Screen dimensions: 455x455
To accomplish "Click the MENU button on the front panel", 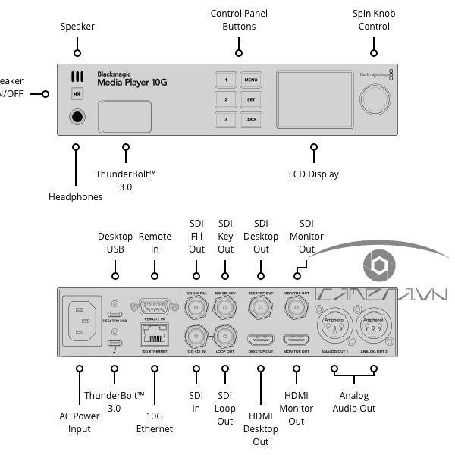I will pos(251,80).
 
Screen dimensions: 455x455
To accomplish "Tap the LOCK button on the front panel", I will pos(251,119).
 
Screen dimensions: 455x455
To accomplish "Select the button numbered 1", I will pos(225,80).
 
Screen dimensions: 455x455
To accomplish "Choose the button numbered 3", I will pos(225,119).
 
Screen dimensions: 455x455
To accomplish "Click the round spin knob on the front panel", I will pos(373,99).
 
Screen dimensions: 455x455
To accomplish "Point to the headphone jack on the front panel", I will pos(77,117).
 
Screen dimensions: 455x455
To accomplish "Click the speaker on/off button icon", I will pos(77,94).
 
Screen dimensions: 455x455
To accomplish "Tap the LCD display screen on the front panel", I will pos(312,99).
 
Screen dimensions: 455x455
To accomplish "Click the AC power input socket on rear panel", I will pos(82,322).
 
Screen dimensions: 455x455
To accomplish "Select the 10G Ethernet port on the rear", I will pos(154,334).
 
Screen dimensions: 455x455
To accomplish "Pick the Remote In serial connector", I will pos(154,307).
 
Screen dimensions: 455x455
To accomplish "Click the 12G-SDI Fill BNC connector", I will pos(196,307).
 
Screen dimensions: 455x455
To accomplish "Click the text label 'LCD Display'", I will pos(313,174).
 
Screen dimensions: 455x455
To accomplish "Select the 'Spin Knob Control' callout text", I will pos(374,20).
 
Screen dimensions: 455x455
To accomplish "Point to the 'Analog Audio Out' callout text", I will pos(353,402).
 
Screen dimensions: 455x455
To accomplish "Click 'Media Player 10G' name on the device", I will pos(133,82).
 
